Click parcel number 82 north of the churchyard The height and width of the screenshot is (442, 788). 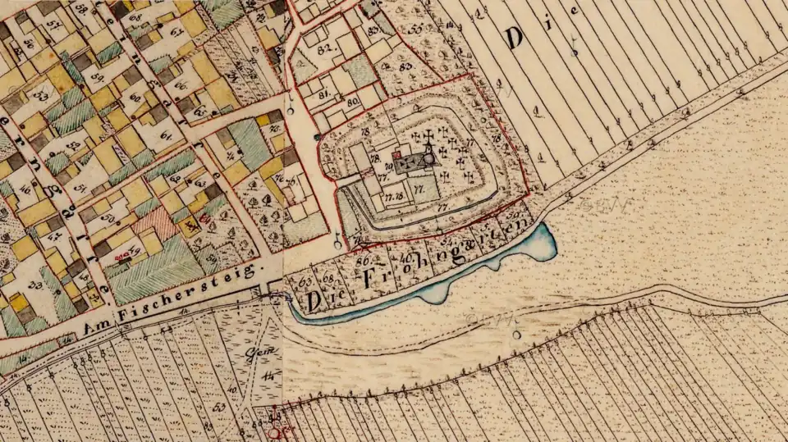[x=311, y=51]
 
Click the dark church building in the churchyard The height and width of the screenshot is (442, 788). [x=415, y=163]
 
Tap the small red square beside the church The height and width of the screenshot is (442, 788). [x=396, y=153]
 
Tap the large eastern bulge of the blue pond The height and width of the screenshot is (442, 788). [x=539, y=244]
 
